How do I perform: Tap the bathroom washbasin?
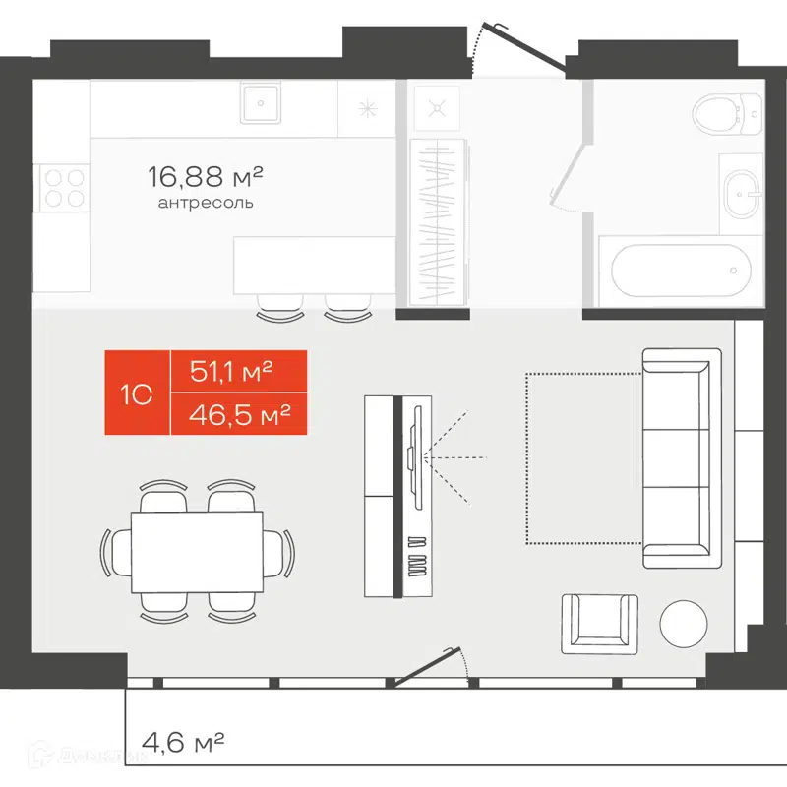pyautogui.click(x=740, y=193)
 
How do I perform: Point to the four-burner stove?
pyautogui.click(x=62, y=187)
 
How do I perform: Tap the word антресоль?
pyautogui.click(x=205, y=204)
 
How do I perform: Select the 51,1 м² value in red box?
pyautogui.click(x=237, y=372)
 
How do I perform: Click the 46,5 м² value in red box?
pyautogui.click(x=237, y=414)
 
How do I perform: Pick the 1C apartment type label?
pyautogui.click(x=137, y=393)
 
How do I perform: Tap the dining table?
pyautogui.click(x=197, y=552)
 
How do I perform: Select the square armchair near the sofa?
pyautogui.click(x=599, y=623)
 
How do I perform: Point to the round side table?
pyautogui.click(x=683, y=622)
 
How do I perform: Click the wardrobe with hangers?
pyautogui.click(x=434, y=221)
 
